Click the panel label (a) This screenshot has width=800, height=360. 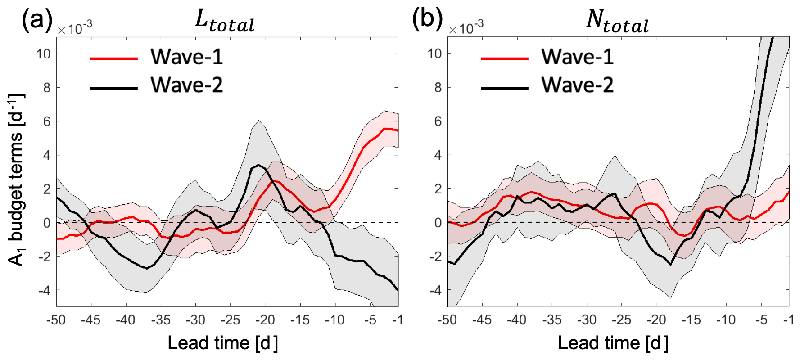pyautogui.click(x=37, y=20)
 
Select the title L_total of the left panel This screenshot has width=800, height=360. pyautogui.click(x=225, y=21)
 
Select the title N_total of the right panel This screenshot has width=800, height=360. pyautogui.click(x=617, y=21)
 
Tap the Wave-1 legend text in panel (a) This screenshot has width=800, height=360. pyautogui.click(x=187, y=57)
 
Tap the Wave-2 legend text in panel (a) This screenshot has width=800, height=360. pyautogui.click(x=187, y=85)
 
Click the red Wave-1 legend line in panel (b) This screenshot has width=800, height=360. pyautogui.click(x=505, y=58)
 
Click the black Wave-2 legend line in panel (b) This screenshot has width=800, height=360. pyautogui.click(x=505, y=87)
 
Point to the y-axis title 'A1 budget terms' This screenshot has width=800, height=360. pyautogui.click(x=17, y=180)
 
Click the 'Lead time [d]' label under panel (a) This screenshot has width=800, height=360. pyautogui.click(x=223, y=343)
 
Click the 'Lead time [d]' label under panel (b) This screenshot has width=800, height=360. pyautogui.click(x=613, y=343)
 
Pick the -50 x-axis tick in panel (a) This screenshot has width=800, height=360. pyautogui.click(x=56, y=320)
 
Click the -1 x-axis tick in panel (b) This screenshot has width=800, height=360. pyautogui.click(x=789, y=320)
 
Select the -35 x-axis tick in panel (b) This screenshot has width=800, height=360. pyautogui.click(x=551, y=320)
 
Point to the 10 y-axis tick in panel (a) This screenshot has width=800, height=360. pyautogui.click(x=44, y=54)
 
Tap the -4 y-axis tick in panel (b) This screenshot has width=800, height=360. pyautogui.click(x=434, y=291)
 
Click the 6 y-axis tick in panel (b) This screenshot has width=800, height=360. pyautogui.click(x=438, y=121)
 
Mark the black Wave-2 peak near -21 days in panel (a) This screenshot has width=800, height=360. pyautogui.click(x=258, y=165)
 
